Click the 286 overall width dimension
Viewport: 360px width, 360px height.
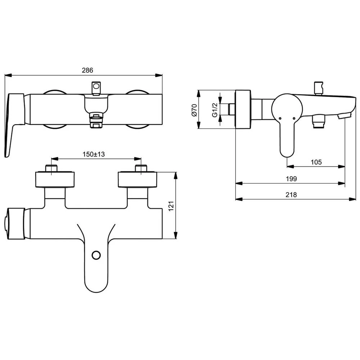point(87,70)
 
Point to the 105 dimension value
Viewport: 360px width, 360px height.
point(315,162)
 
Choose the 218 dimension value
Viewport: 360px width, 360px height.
point(291,195)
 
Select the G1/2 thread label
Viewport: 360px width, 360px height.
point(215,109)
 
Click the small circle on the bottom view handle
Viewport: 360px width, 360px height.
point(96,255)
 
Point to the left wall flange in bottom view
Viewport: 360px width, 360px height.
point(55,180)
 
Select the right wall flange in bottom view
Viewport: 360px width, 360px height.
point(138,180)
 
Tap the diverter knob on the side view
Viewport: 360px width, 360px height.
point(319,88)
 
